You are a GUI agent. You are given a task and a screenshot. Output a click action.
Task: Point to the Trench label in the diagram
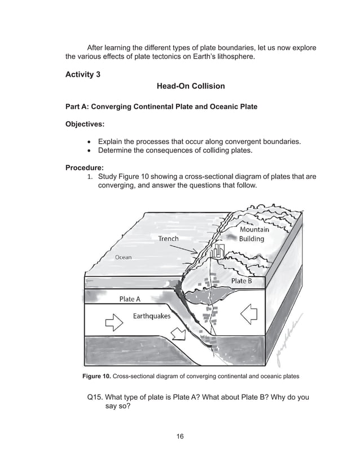[x=168, y=239]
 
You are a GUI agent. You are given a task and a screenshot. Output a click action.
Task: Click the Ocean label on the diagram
[x=123, y=257]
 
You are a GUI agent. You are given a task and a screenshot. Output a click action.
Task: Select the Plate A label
[x=130, y=299]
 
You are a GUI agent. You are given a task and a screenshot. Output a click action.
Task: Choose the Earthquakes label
[x=151, y=316]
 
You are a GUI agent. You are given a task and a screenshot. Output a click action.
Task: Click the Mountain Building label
[x=254, y=234]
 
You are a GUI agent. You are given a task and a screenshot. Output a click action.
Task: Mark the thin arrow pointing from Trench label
[x=189, y=247]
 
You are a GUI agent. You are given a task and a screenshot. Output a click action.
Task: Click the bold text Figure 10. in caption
[x=96, y=376]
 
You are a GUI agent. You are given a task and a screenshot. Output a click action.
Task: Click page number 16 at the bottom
[x=180, y=436]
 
